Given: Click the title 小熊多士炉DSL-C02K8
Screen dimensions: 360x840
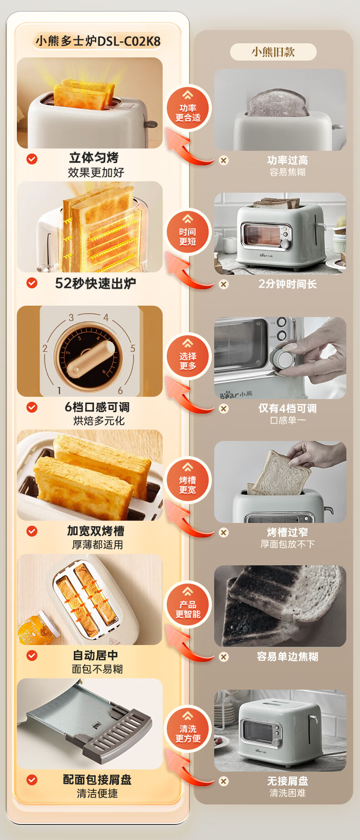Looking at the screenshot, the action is point(98,41).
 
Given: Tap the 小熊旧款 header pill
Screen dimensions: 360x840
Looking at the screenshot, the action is point(273,52).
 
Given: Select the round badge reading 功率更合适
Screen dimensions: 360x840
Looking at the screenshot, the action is point(188,108).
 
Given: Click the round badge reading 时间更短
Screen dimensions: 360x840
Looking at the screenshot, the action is point(188,232).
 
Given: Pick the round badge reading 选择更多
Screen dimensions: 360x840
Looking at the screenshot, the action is point(188,357).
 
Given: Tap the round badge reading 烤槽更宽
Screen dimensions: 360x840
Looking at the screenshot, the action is point(188,481).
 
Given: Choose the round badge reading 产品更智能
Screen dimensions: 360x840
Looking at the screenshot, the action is point(188,605).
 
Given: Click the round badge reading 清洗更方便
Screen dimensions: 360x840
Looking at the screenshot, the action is point(188,729).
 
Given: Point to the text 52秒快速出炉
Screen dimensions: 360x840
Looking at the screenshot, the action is point(96,283).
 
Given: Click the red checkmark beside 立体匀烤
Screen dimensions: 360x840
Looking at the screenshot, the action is point(32,159).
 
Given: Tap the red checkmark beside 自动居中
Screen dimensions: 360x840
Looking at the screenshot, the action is point(32,656).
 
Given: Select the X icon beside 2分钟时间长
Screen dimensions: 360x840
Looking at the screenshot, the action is point(224,284).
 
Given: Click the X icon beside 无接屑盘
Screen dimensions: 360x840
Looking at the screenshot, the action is point(224,781).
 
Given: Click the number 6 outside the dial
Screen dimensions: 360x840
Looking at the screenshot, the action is point(120,391).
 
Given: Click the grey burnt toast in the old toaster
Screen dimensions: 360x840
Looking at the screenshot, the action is point(278,102).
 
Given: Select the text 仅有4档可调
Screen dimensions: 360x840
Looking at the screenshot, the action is point(288,408).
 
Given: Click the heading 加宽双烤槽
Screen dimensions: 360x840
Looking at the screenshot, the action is point(96,531).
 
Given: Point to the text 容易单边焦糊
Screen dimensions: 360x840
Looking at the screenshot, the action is point(288,656).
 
